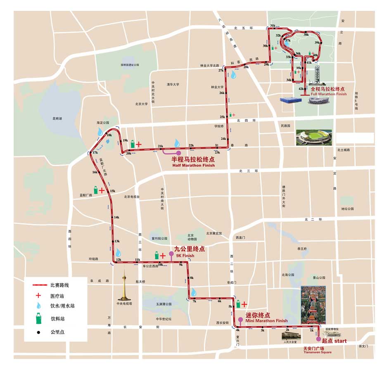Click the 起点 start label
pyautogui.click(x=334, y=341)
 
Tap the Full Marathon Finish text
pyautogui.click(x=323, y=94)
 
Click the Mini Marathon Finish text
pyautogui.click(x=266, y=320)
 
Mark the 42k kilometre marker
pyautogui.click(x=301, y=89)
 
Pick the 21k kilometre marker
pyautogui.click(x=161, y=146)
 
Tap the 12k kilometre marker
pyautogui.click(x=119, y=260)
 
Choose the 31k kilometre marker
pyautogui.click(x=273, y=26)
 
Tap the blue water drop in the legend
pyautogui.click(x=38, y=306)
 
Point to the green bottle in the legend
pyautogui.click(x=38, y=318)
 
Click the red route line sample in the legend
pyautogui.click(x=39, y=285)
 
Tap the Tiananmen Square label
pyautogui.click(x=317, y=352)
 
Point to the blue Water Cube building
pyautogui.click(x=291, y=100)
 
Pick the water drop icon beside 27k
pyautogui.click(x=234, y=75)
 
